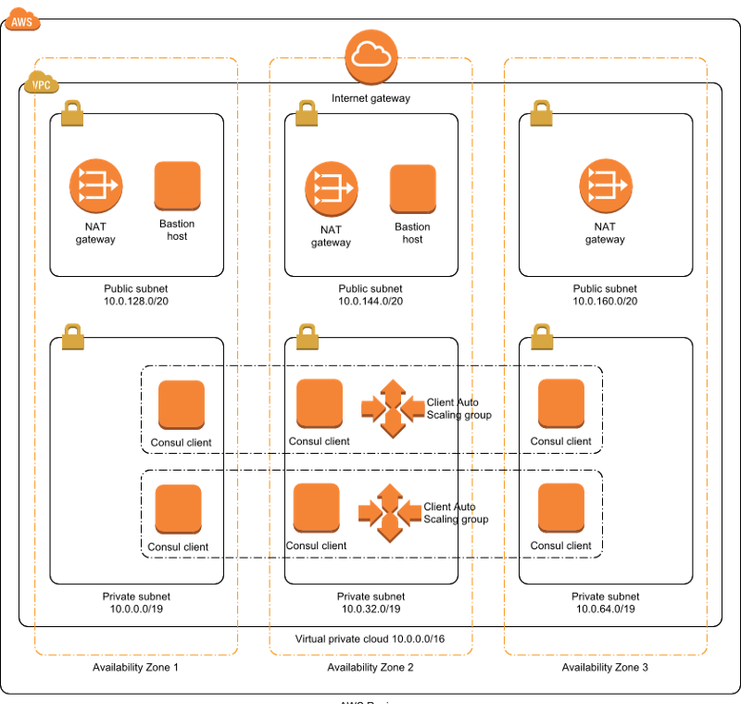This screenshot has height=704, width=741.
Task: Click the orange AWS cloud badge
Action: coord(22,19)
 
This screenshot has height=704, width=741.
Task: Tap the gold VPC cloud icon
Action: coord(41,83)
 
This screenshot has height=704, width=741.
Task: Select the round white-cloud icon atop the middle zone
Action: coord(371,57)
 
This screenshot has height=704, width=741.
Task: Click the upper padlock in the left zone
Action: coord(72,113)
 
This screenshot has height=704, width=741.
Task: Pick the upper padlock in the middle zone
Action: coord(307,113)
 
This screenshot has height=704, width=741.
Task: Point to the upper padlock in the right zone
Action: coord(541,113)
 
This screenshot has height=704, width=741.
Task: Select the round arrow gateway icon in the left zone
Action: coord(95,185)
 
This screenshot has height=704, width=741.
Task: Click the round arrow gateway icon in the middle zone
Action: coord(331,188)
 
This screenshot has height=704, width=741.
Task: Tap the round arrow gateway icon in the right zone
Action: coord(606,185)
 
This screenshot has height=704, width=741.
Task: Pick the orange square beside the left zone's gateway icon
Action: coord(177,185)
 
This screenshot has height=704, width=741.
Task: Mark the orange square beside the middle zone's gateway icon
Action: coord(413,189)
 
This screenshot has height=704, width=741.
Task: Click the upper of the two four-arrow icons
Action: coord(393,408)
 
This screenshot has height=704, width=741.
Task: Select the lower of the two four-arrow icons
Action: coord(390,512)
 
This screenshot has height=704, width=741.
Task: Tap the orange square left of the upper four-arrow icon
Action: coord(320,403)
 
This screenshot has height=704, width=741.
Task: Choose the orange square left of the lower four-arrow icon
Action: coord(317,508)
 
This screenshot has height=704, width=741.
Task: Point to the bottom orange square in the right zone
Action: coord(561,508)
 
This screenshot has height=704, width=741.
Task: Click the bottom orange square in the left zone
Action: coord(178,509)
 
